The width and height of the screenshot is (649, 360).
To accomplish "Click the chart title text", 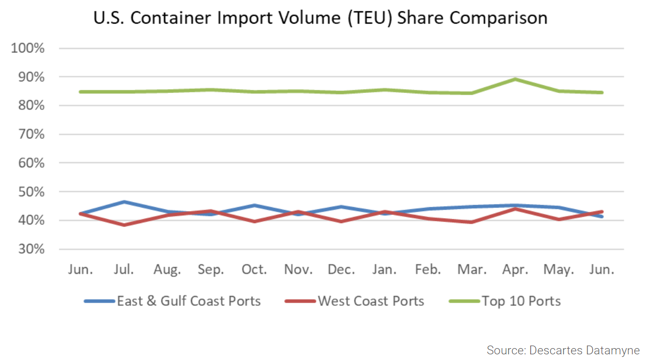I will tap(320, 18).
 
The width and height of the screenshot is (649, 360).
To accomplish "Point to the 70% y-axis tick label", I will tap(31, 134).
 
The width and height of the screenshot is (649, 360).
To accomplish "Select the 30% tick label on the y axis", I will tap(31, 249).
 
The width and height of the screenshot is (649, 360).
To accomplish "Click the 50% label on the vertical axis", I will tap(31, 192).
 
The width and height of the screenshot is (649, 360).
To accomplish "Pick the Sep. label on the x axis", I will tap(211, 270).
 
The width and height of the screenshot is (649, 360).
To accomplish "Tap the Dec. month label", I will tap(341, 270).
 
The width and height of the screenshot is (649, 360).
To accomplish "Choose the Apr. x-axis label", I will tap(515, 270).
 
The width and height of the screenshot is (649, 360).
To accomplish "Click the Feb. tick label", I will tap(428, 270).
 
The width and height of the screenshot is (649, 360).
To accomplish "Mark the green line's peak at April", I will tap(515, 79).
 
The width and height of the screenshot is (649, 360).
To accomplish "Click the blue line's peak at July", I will tap(124, 202).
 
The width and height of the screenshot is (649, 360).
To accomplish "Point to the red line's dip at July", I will tap(124, 225).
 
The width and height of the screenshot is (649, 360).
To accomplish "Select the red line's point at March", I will tap(471, 222).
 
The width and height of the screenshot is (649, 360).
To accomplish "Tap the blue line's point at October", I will tap(255, 205).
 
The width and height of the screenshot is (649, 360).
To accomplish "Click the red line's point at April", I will tap(515, 209).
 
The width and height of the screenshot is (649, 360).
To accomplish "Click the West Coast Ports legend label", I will tap(371, 301).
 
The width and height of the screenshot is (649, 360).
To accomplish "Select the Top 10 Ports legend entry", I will tap(521, 301).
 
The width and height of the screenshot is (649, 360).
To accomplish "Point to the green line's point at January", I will tap(385, 89).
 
